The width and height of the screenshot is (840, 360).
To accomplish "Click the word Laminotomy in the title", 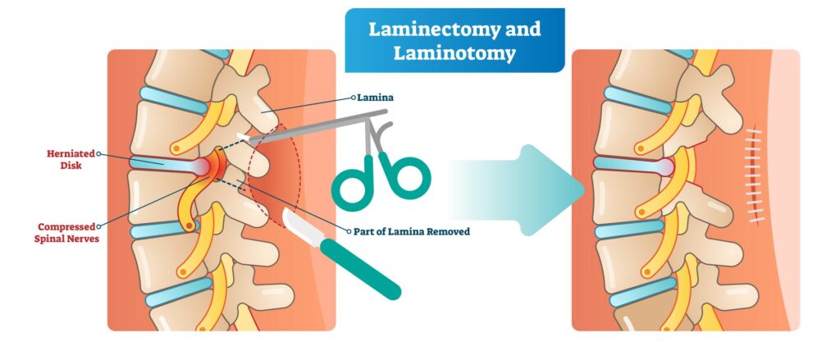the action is [454, 53].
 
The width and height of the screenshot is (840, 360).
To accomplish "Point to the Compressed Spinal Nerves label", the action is [66, 233].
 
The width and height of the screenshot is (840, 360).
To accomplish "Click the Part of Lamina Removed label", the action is [412, 232].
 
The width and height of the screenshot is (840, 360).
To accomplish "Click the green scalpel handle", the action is [361, 270].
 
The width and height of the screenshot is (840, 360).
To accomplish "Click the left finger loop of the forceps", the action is [351, 182].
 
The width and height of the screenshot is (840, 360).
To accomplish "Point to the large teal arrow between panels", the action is [516, 190].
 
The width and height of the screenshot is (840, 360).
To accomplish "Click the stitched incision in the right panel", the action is [756, 175].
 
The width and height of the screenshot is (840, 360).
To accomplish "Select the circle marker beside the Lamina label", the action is [353, 98].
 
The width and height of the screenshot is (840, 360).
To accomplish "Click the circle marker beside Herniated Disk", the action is [98, 153].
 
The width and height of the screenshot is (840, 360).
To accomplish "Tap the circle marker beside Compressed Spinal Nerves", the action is [98, 227].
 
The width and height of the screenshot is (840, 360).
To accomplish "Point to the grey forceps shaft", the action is [316, 126].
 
